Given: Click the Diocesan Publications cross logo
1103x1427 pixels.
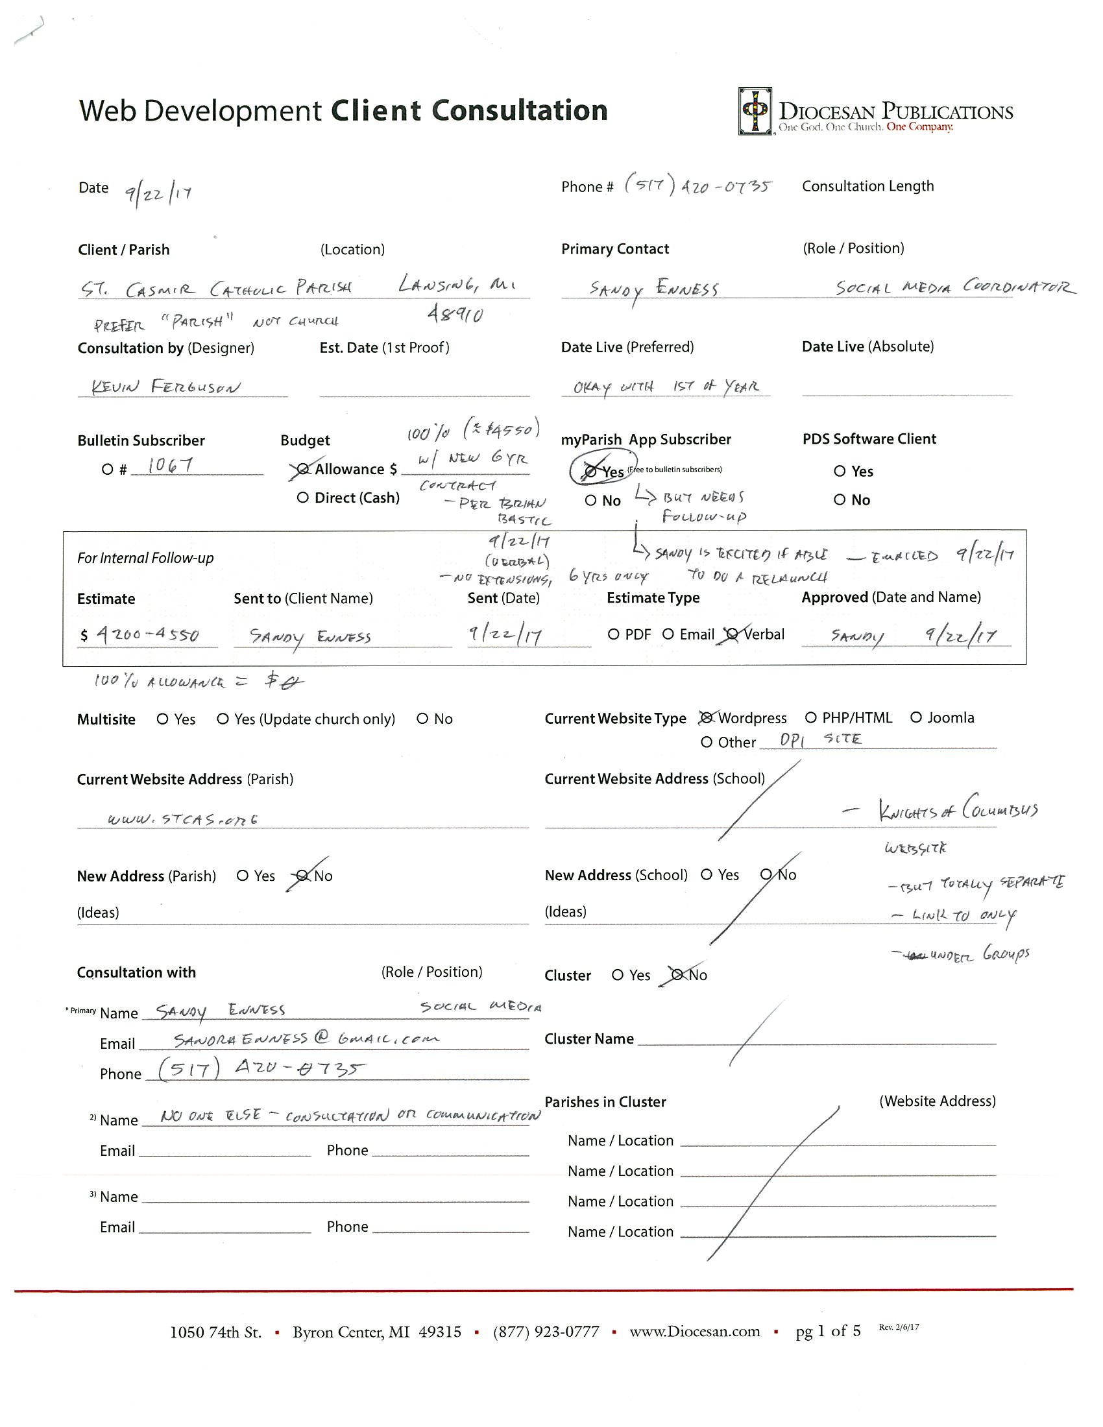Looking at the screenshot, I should click(x=755, y=111).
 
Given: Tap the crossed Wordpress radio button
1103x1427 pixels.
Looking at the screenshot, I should click(x=706, y=718).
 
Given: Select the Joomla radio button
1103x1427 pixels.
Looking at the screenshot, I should click(x=916, y=717).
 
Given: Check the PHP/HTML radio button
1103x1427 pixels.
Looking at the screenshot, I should click(x=811, y=717).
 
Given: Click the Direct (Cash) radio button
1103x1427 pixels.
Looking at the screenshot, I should click(x=302, y=498).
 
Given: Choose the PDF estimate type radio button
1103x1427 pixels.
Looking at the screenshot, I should click(x=614, y=634).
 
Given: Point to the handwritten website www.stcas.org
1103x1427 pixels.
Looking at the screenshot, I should click(x=183, y=819).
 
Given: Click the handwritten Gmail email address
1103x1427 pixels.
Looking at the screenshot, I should click(x=306, y=1039).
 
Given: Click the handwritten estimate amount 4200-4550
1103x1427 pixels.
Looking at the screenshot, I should click(x=148, y=634).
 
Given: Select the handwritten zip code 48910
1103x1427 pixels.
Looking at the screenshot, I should click(x=455, y=315).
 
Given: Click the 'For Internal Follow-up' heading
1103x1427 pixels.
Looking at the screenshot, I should click(x=145, y=558).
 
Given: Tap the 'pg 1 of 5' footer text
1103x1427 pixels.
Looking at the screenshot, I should click(x=828, y=1331).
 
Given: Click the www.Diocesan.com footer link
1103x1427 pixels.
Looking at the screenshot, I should click(x=695, y=1332).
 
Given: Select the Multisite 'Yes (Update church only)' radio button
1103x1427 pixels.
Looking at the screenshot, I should click(x=223, y=719).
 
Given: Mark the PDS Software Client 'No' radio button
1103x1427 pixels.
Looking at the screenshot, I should click(x=840, y=500).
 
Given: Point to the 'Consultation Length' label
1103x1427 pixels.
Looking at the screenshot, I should click(x=867, y=186).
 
